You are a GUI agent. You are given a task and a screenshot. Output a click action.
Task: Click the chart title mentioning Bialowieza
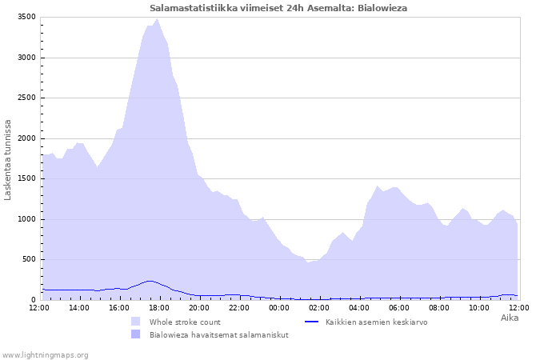pyautogui.click(x=278, y=8)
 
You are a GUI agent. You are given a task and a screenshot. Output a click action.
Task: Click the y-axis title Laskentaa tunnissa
pyautogui.click(x=7, y=160)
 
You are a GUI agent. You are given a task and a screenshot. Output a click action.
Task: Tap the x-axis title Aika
pyautogui.click(x=510, y=318)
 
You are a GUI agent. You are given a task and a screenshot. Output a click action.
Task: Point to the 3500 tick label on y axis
pyautogui.click(x=26, y=17)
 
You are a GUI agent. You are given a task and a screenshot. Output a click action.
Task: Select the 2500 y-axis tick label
pyautogui.click(x=26, y=98)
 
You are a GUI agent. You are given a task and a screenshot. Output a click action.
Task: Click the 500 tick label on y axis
pyautogui.click(x=29, y=259)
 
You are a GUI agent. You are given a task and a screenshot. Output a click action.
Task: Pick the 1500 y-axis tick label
pyautogui.click(x=26, y=178)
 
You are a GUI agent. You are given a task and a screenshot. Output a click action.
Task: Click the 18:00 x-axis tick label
pyautogui.click(x=159, y=308)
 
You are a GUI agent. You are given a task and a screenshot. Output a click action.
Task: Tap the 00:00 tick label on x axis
pyautogui.click(x=279, y=308)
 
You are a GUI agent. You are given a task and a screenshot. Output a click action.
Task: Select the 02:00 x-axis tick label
pyautogui.click(x=319, y=308)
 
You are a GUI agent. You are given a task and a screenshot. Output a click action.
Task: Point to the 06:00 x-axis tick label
pyautogui.click(x=399, y=308)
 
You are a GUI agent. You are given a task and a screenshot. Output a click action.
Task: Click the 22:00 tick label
pyautogui.click(x=239, y=308)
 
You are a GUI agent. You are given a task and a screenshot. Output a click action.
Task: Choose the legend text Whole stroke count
pyautogui.click(x=185, y=322)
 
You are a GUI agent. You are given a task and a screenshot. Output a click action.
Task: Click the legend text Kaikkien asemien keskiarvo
pyautogui.click(x=377, y=322)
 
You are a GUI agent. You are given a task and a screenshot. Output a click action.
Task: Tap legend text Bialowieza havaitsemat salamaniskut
pyautogui.click(x=219, y=335)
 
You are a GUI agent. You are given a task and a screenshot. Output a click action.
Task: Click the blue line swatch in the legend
pyautogui.click(x=311, y=322)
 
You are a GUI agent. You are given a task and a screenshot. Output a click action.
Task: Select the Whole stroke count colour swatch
pyautogui.click(x=136, y=322)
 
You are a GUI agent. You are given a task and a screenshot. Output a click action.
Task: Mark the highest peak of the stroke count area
pyautogui.click(x=157, y=19)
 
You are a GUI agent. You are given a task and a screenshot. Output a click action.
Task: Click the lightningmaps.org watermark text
pyautogui.click(x=44, y=355)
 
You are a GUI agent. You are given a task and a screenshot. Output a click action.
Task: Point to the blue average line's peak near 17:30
pyautogui.click(x=150, y=281)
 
